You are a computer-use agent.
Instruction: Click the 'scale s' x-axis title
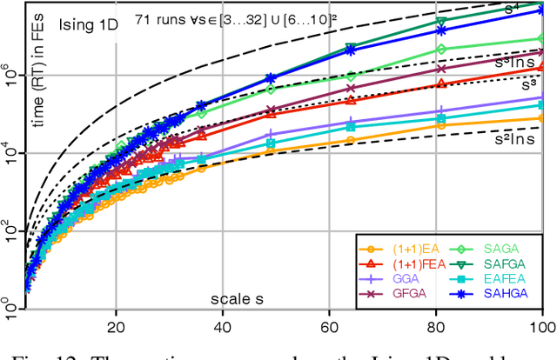tap(238, 299)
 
